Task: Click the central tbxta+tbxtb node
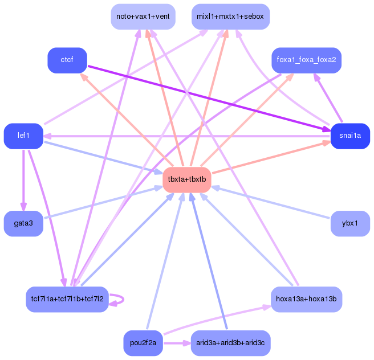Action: tap(187, 180)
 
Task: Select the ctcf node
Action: tap(67, 60)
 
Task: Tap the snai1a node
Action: tap(350, 136)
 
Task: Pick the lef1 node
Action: tap(23, 136)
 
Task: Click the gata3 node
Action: tap(23, 224)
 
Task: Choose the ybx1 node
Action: tap(350, 224)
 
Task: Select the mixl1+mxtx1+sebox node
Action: tap(230, 17)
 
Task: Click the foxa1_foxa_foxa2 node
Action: tap(306, 60)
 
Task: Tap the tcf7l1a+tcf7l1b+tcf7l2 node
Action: tap(67, 299)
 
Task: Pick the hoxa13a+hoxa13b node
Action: tap(306, 299)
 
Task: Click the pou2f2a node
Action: tap(143, 343)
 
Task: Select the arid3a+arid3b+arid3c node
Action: tap(230, 343)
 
